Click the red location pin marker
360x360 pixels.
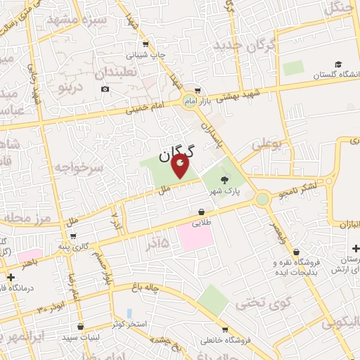coord(181,167)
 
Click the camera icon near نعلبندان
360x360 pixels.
coord(105,89)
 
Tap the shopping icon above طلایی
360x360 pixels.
coord(202,212)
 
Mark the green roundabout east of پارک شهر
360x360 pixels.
coord(263,199)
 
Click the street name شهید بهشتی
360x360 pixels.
coord(238,94)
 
